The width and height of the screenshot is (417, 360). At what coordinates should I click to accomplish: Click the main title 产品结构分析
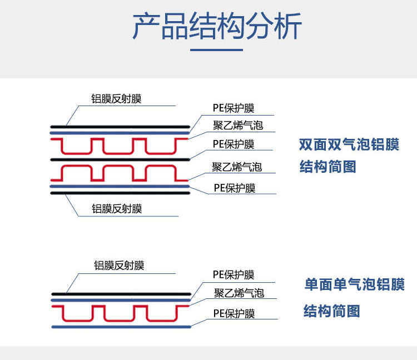click(217, 27)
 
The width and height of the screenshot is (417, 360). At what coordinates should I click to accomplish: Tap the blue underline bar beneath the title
click(217, 50)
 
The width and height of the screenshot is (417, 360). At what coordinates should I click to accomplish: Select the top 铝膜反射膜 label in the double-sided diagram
click(117, 99)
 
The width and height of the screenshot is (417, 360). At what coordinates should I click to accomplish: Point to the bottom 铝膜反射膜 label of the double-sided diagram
click(117, 209)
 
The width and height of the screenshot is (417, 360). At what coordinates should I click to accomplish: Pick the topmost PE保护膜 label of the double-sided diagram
click(234, 108)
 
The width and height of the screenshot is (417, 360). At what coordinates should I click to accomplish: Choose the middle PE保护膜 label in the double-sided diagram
click(234, 144)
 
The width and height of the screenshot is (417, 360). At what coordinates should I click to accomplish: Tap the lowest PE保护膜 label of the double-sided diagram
click(234, 188)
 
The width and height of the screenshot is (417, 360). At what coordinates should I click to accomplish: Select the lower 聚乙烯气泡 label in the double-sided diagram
click(237, 167)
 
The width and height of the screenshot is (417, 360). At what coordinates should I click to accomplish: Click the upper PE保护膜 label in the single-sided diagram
click(234, 274)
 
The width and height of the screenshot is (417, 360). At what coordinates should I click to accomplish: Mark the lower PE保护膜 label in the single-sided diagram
click(234, 313)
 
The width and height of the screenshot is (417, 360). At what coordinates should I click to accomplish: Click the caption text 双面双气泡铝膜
click(349, 145)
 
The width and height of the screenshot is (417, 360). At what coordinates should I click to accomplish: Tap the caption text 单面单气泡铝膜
click(354, 285)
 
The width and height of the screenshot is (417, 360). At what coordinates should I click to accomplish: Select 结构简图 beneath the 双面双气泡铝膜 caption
click(328, 167)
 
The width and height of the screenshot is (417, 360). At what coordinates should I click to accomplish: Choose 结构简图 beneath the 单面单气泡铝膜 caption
click(331, 311)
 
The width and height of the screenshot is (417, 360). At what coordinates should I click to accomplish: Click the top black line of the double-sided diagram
click(120, 126)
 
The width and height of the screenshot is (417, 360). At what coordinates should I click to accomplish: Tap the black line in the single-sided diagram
click(120, 294)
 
